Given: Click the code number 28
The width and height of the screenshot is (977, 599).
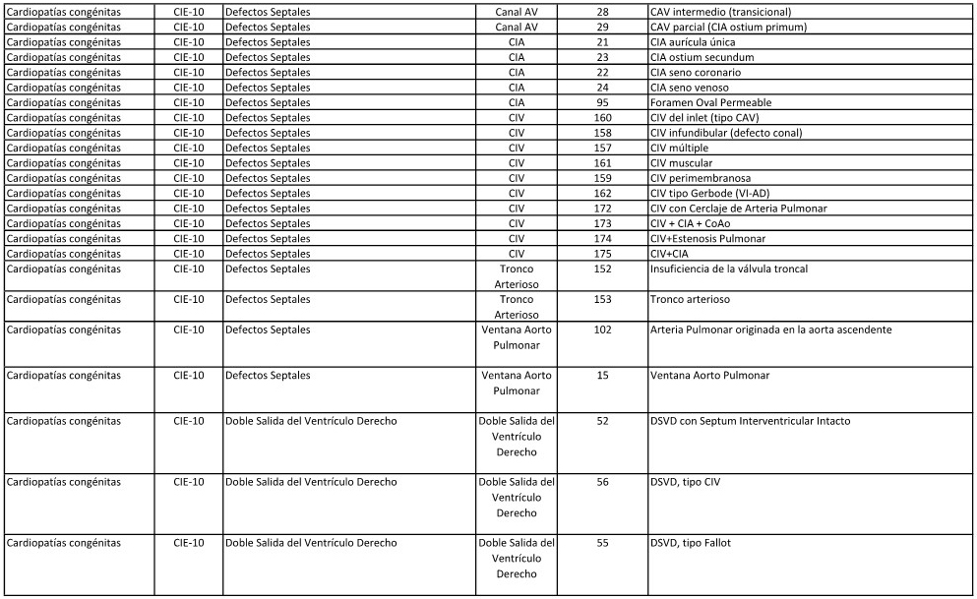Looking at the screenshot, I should pyautogui.click(x=602, y=12).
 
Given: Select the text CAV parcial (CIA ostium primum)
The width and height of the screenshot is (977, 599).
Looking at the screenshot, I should pyautogui.click(x=728, y=27).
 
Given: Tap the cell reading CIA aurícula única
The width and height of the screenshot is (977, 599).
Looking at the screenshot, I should pyautogui.click(x=693, y=42).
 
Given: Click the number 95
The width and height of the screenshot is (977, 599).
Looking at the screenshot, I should pyautogui.click(x=602, y=102).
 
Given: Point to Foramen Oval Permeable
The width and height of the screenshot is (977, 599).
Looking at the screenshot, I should pyautogui.click(x=710, y=102).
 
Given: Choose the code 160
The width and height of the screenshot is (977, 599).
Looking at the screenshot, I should pyautogui.click(x=602, y=118).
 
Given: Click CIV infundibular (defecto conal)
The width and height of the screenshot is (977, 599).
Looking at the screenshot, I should pyautogui.click(x=726, y=133).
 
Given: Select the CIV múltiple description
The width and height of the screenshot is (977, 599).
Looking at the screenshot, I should pyautogui.click(x=679, y=148).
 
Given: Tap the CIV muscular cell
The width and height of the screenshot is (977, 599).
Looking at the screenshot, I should pyautogui.click(x=681, y=163).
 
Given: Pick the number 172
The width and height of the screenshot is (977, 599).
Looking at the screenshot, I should pyautogui.click(x=602, y=209).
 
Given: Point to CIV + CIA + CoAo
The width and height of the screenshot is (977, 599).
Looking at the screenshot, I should pyautogui.click(x=690, y=223).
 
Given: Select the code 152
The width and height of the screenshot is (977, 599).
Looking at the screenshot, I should pyautogui.click(x=602, y=270).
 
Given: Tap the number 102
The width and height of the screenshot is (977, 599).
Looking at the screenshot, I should pyautogui.click(x=602, y=330).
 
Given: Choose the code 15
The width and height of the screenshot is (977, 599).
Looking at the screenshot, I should pyautogui.click(x=602, y=376).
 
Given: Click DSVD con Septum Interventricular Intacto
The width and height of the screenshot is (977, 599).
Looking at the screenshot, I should pyautogui.click(x=750, y=421).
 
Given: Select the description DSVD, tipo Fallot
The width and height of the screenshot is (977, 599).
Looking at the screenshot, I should pyautogui.click(x=690, y=543).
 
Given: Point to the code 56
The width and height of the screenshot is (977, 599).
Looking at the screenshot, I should pyautogui.click(x=602, y=482).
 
